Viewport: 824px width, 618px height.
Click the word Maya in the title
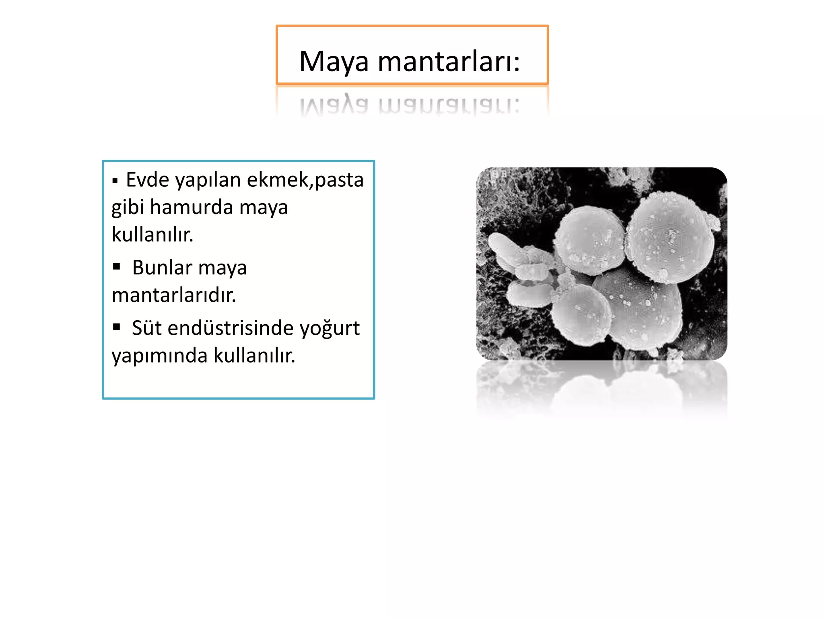[334, 62]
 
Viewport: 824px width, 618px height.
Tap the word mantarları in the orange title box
[449, 62]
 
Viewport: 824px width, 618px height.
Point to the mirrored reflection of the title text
[410, 105]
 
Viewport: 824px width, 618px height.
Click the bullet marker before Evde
[115, 181]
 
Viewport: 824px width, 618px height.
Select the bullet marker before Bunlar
[117, 266]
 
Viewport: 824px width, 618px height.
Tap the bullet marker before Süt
[117, 326]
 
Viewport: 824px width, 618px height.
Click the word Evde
[147, 179]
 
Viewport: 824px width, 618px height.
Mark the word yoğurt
[330, 328]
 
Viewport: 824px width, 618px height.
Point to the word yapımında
[159, 356]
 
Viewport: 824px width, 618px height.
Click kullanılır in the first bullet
[152, 235]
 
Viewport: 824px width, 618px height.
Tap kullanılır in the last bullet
[254, 355]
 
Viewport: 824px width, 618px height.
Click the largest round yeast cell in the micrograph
[670, 237]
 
